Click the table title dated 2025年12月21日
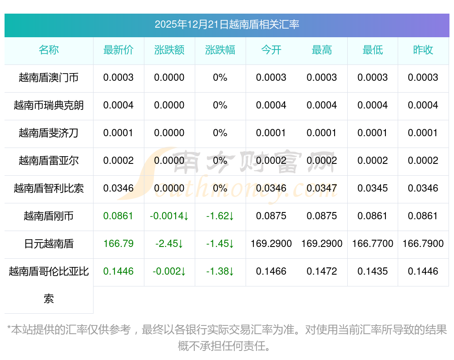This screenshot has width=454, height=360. pos(227,25)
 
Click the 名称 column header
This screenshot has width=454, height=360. pos(49,50)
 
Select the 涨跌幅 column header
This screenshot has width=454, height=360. pos(220,50)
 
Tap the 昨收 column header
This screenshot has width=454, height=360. pos(423,50)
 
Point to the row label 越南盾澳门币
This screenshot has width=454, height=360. pos(49,78)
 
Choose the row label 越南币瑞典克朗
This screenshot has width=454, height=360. pos(49,105)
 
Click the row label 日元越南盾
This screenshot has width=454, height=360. pos(49,244)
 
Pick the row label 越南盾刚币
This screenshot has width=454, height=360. pos(49,216)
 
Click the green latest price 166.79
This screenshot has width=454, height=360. pos(118,244)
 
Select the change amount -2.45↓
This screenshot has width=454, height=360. pos(169,244)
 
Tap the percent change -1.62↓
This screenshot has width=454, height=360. pos(220,216)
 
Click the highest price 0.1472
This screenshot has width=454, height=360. pos(322,271)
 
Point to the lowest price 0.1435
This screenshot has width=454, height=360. pos(373,271)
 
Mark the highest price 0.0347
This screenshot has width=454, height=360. pos(322,188)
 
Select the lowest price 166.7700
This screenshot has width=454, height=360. pos(373,244)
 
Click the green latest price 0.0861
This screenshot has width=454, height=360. pos(118,216)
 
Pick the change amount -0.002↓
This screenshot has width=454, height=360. pos(169,271)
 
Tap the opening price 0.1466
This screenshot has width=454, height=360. pos(271,271)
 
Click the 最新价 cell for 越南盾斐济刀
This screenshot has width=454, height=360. pos(118,133)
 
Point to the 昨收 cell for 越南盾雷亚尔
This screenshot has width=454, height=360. pos(423,161)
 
